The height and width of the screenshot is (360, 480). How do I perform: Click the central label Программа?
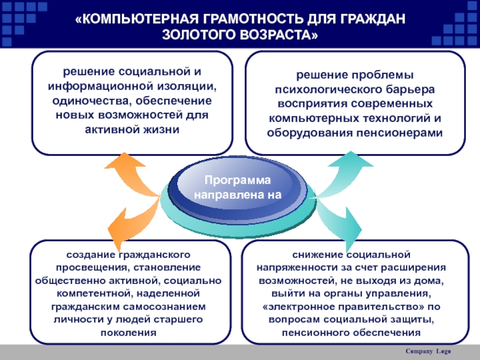[238, 181]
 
